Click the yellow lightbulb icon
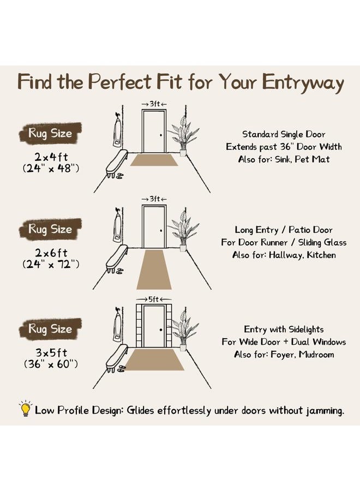[x=25, y=409]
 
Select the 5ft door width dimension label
[x=154, y=300]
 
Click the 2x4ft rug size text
[x=51, y=157]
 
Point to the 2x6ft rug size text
[x=51, y=253]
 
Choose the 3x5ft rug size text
[x=51, y=352]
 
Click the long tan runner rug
[x=154, y=270]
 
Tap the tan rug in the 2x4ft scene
[x=154, y=160]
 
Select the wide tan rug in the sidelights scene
[x=155, y=360]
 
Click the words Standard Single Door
[x=284, y=134]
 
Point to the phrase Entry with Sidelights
[x=284, y=330]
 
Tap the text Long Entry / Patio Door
[x=284, y=230]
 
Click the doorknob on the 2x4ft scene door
[x=161, y=135]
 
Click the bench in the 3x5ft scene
[x=116, y=358]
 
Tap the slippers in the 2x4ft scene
[x=120, y=176]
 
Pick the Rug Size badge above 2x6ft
[x=50, y=229]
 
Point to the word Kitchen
[x=321, y=255]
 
